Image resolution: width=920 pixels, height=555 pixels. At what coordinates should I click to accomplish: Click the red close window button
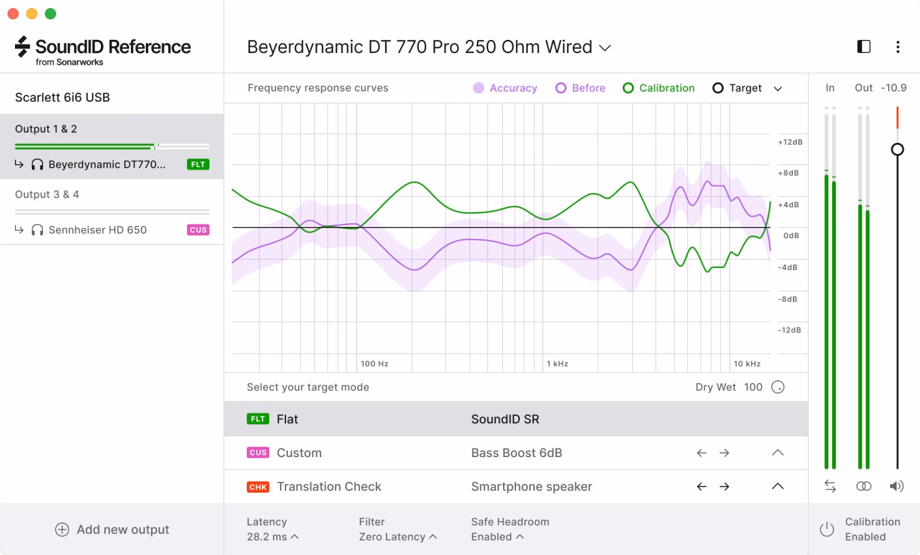tap(13, 14)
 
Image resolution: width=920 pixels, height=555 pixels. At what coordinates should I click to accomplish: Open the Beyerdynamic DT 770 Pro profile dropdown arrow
tap(605, 48)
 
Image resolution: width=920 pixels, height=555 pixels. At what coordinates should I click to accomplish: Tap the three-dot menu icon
tap(898, 47)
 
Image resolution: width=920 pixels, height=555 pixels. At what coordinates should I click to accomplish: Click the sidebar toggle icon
tap(864, 47)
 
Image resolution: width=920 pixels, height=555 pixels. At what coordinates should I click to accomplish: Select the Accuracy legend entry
tap(505, 88)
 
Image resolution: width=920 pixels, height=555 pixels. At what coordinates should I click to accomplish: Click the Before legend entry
tap(580, 88)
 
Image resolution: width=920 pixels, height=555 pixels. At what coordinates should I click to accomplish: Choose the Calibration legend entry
tap(658, 88)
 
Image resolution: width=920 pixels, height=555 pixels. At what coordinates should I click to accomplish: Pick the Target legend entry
tap(737, 88)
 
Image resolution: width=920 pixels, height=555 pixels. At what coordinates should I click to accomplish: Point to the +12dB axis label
tap(790, 142)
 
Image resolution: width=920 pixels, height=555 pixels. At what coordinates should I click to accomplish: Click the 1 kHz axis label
tap(557, 364)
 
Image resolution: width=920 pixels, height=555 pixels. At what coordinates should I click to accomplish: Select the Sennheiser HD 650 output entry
tap(97, 229)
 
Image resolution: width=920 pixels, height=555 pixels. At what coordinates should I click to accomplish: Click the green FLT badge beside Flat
tap(258, 419)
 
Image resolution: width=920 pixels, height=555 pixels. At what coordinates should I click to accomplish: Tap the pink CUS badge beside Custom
tap(258, 453)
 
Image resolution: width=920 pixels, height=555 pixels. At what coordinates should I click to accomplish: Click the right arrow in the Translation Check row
tap(724, 487)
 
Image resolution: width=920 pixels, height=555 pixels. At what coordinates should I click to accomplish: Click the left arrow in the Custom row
tap(701, 453)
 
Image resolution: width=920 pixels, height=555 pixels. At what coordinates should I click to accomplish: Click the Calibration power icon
tap(827, 529)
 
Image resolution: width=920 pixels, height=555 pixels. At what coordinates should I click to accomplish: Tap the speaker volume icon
tap(896, 486)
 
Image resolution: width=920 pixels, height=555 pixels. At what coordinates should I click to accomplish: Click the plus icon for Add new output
tap(62, 529)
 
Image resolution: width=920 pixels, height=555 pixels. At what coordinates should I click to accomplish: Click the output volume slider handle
tap(898, 149)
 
